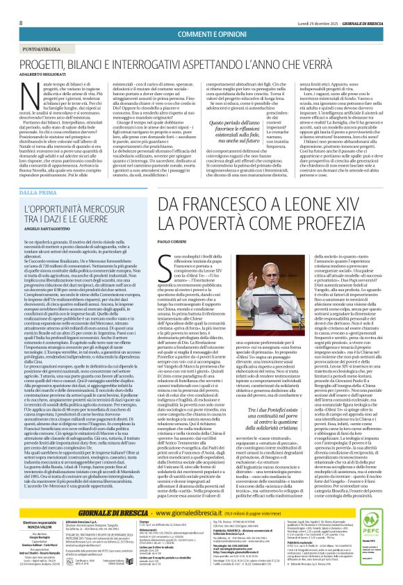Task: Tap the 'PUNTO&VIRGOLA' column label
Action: (39, 30)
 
